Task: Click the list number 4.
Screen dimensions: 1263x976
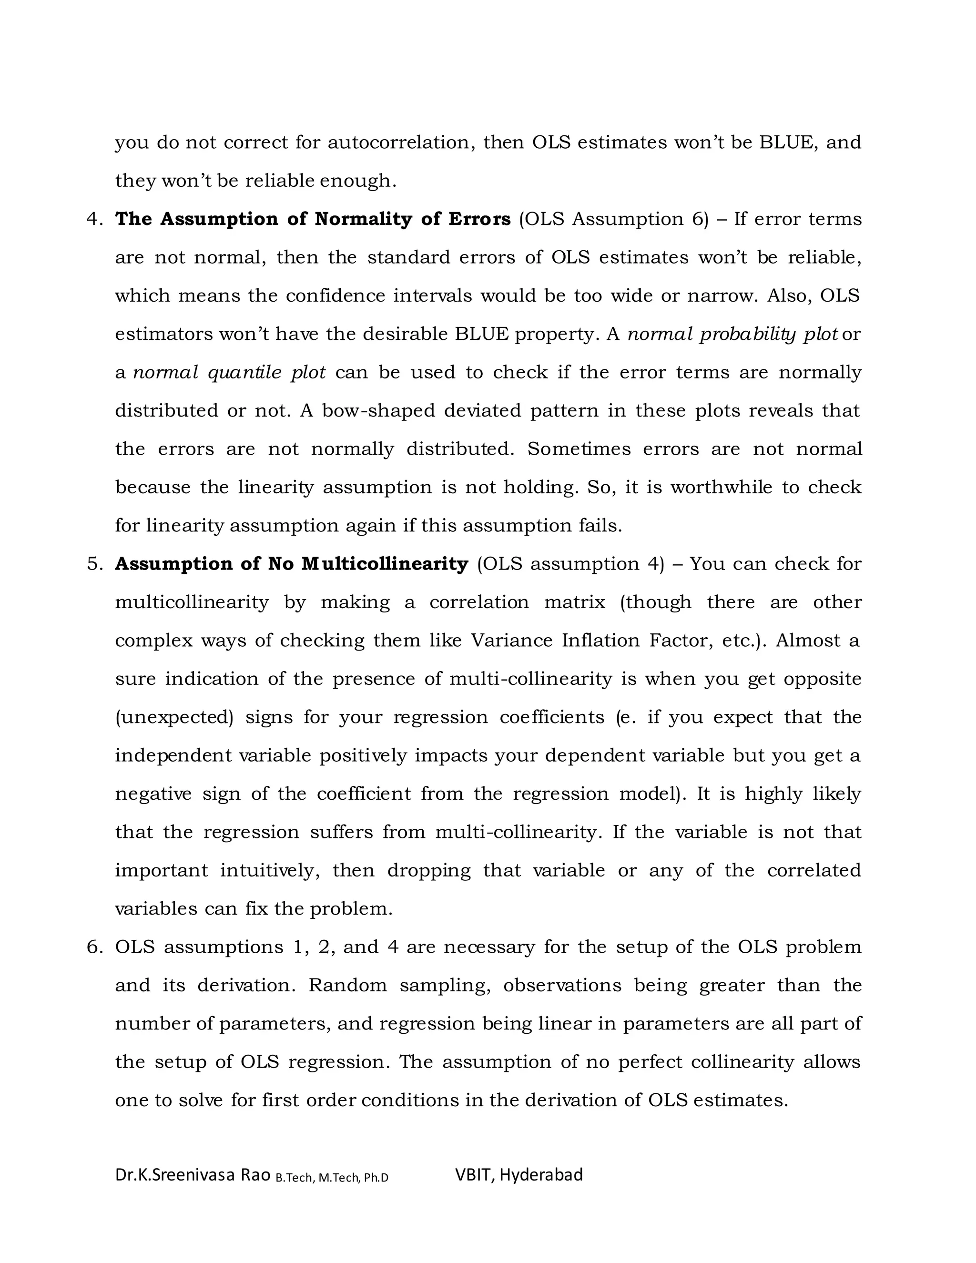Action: tap(94, 219)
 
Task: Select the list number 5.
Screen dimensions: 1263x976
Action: tap(94, 564)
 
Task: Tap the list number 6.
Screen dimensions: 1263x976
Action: tap(94, 947)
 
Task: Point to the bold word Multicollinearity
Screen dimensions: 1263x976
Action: tap(385, 564)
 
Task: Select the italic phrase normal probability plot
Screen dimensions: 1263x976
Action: tap(732, 334)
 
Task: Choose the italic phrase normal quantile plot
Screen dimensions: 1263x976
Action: tap(229, 372)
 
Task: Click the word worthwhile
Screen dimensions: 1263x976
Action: tap(721, 487)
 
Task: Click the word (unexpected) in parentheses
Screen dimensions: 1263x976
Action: tap(174, 717)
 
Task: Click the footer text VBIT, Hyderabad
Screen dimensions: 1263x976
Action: tap(518, 1174)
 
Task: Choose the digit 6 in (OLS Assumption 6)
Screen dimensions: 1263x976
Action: tap(697, 219)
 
